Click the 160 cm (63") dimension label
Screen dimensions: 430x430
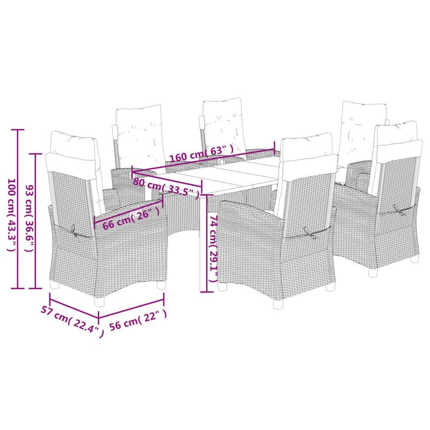(x=202, y=153)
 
